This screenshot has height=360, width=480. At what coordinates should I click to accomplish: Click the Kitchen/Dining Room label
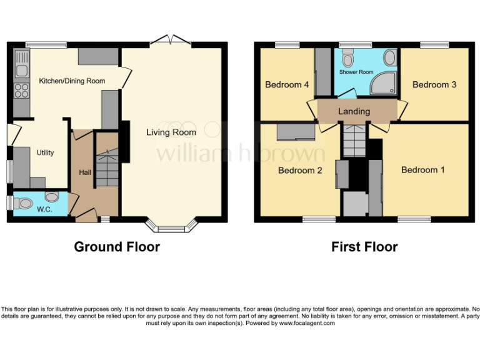pyautogui.click(x=72, y=81)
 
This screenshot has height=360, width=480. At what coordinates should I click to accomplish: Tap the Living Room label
pyautogui.click(x=171, y=132)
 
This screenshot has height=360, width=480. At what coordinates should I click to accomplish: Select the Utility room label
pyautogui.click(x=45, y=152)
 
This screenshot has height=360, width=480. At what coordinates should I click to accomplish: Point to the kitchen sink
pyautogui.click(x=21, y=71)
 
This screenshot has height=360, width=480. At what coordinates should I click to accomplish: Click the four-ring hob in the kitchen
pyautogui.click(x=21, y=91)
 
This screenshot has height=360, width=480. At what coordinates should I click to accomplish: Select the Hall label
pyautogui.click(x=84, y=172)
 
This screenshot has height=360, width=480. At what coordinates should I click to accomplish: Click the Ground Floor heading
pyautogui.click(x=117, y=247)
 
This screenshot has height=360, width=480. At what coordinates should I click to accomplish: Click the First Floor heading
pyautogui.click(x=364, y=247)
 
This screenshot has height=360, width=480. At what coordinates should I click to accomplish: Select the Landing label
pyautogui.click(x=354, y=111)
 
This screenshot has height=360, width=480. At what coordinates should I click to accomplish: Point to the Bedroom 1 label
pyautogui.click(x=423, y=169)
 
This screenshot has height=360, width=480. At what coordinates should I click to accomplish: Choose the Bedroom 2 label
pyautogui.click(x=300, y=170)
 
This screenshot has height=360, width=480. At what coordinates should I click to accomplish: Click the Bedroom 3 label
pyautogui.click(x=434, y=84)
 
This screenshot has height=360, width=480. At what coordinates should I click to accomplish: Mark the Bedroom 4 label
pyautogui.click(x=287, y=84)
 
